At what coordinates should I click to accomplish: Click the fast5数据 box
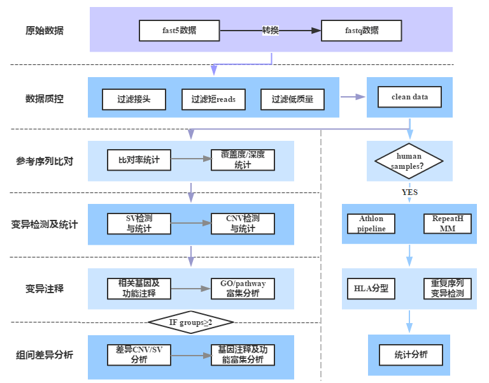coord(179,30)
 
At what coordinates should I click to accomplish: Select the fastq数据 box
coord(361,30)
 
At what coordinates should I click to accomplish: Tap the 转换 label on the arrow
coord(271,30)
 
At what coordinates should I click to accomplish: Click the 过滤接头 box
coord(134,99)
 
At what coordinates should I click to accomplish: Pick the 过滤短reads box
coord(213,99)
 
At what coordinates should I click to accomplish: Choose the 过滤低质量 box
coord(292,99)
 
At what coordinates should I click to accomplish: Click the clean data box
coord(409,98)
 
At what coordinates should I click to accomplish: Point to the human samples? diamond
coord(409,161)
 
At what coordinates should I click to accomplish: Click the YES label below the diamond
coord(409,192)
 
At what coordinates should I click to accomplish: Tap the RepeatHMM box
coord(447,224)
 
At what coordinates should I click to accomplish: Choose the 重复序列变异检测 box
coord(447,289)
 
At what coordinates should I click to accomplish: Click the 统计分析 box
coord(410,354)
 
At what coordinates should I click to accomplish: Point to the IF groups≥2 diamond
coord(190,322)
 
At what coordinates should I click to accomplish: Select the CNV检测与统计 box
coord(243,223)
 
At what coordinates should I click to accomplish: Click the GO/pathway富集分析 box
coord(243,289)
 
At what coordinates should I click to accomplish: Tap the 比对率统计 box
coord(139,160)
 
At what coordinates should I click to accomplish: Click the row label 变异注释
coord(45,289)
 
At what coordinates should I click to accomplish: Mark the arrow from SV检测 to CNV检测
coord(191,223)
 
